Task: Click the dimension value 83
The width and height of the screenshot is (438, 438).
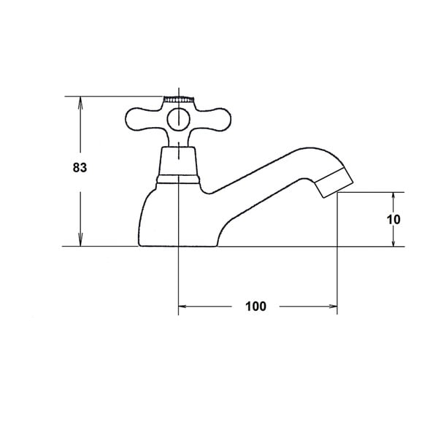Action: [80, 168]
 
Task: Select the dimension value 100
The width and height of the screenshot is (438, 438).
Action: [255, 307]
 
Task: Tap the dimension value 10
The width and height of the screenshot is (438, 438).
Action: [393, 220]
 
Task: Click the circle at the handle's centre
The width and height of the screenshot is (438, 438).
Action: [179, 120]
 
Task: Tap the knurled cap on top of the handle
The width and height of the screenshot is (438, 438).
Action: [179, 99]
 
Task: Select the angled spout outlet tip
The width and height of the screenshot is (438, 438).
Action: [334, 182]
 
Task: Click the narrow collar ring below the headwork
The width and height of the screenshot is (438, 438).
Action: [178, 180]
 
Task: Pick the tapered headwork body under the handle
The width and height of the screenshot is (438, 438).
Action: [178, 161]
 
